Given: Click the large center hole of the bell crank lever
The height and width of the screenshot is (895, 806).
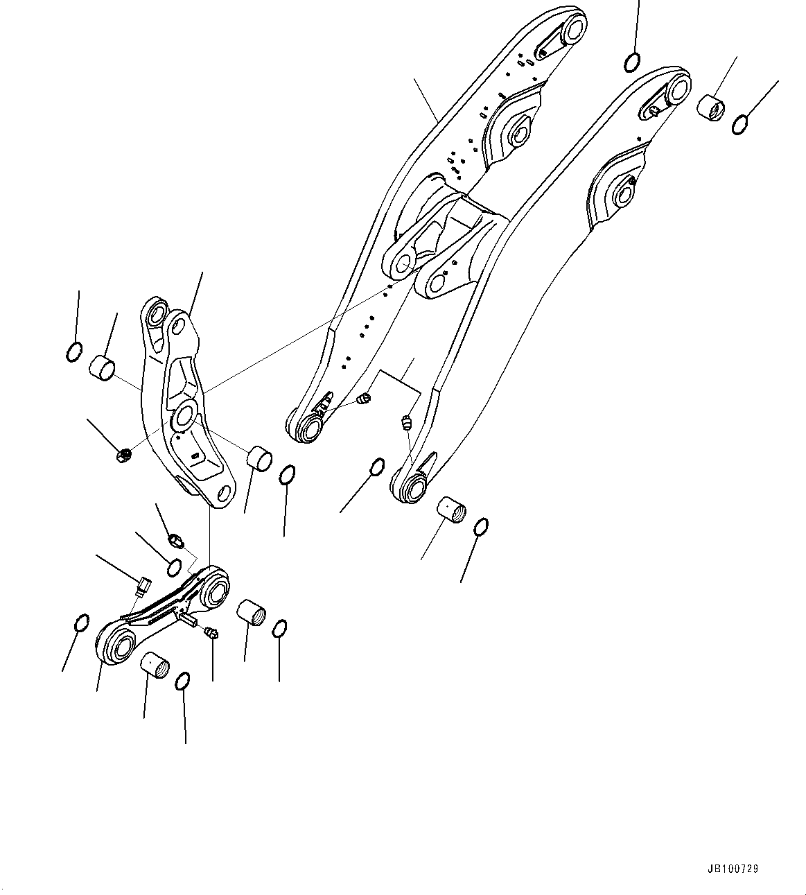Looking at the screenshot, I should pos(184,415).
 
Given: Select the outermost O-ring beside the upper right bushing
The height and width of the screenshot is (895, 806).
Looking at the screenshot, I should pos(740,125).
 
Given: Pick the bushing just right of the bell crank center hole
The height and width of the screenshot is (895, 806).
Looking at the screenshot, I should pos(260,458).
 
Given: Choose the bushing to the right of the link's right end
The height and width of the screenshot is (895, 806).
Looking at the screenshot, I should pos(251,613).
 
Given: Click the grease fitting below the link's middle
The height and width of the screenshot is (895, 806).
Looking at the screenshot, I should pos(212,632).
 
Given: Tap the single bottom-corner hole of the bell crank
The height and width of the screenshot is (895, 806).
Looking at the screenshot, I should pos(223,493).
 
